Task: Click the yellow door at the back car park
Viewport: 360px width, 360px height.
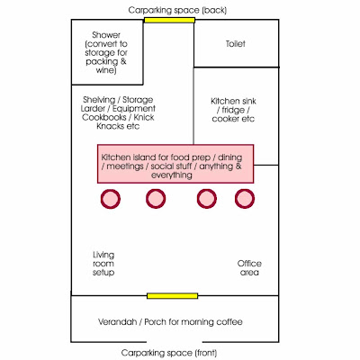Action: tap(169, 20)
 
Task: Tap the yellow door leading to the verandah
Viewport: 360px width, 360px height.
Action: tap(172, 296)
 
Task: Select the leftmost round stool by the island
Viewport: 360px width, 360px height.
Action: tap(111, 199)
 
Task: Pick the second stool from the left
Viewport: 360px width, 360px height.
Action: tap(156, 199)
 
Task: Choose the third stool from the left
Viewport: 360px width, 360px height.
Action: tap(207, 199)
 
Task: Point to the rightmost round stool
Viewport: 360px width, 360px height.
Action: tap(245, 199)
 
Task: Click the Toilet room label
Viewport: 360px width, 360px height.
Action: tap(236, 44)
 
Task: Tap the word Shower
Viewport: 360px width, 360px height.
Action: tap(106, 35)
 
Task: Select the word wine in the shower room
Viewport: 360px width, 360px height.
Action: tap(105, 70)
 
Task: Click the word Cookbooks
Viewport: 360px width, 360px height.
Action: tap(103, 117)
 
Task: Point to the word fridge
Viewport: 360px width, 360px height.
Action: tap(233, 110)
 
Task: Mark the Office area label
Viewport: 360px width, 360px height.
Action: tap(249, 268)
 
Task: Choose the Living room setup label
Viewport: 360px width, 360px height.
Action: tap(103, 264)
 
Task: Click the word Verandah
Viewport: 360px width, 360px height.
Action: tap(117, 322)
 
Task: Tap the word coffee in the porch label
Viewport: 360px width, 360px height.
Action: tap(229, 322)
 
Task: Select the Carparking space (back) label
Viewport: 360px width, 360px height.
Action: tap(177, 10)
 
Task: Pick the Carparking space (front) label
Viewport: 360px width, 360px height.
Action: tap(169, 353)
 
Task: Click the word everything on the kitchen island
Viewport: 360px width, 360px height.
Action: tap(172, 175)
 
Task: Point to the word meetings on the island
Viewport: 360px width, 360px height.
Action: tap(125, 166)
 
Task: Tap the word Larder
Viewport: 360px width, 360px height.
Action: tap(93, 109)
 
